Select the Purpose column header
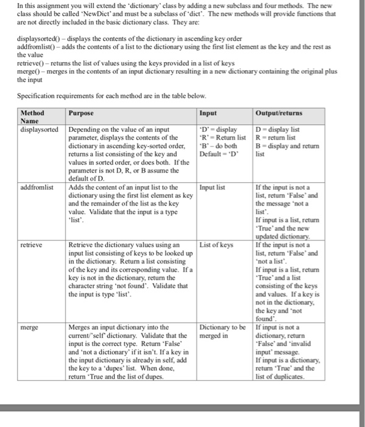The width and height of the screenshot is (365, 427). (x=81, y=113)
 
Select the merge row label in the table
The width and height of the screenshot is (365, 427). (x=29, y=328)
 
